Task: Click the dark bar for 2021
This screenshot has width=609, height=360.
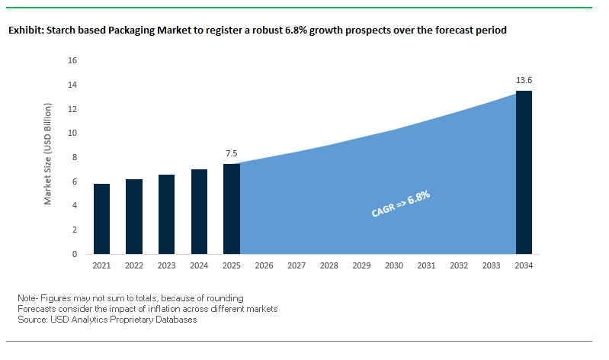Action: (x=102, y=219)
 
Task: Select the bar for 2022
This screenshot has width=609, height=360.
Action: (x=134, y=217)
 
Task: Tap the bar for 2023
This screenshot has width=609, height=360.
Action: (x=167, y=214)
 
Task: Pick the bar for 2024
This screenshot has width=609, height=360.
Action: (x=199, y=211)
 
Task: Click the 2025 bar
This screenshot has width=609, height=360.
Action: (x=232, y=208)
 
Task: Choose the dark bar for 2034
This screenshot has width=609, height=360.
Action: (x=524, y=172)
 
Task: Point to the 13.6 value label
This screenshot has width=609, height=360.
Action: (x=524, y=80)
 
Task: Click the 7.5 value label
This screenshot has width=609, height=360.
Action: (x=232, y=153)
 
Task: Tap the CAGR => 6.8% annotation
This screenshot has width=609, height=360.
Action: (x=401, y=205)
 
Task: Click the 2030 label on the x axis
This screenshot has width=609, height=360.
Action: (x=394, y=266)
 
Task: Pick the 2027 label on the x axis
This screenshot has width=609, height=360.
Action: (x=296, y=266)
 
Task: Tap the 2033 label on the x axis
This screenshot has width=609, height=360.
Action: (x=492, y=266)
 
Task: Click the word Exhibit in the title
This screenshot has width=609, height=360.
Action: (x=27, y=31)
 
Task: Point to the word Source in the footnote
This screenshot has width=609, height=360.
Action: (x=32, y=320)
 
